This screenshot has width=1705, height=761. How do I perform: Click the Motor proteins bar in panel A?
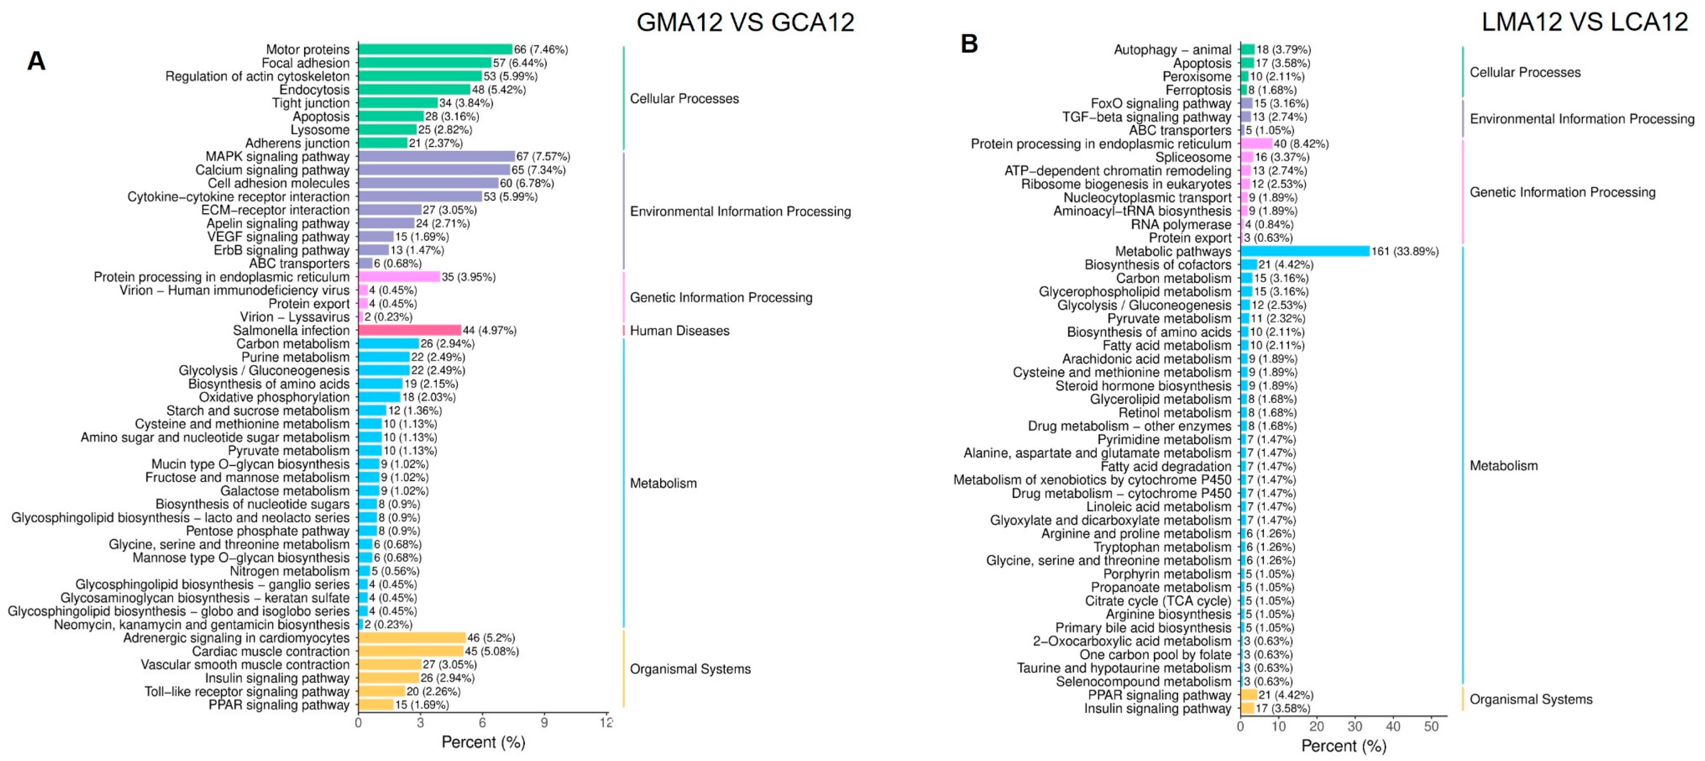(x=435, y=50)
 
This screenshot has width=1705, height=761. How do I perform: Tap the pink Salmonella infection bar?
(x=409, y=330)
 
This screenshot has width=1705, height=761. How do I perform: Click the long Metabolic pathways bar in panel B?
(x=1304, y=251)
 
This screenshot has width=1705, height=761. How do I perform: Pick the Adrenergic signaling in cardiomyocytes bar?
(x=412, y=638)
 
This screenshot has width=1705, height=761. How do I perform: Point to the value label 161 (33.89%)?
(x=1404, y=251)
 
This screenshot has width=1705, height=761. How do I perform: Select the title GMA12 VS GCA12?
(x=745, y=23)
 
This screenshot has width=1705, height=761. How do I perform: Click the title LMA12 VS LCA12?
(x=1585, y=23)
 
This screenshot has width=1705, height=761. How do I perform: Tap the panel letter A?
(x=37, y=61)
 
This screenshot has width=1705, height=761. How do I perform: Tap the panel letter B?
(x=969, y=44)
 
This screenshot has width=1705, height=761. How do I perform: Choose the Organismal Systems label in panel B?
(x=1531, y=699)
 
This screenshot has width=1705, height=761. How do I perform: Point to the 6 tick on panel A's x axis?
(x=482, y=722)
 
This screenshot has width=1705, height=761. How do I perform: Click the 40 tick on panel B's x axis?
(x=1393, y=726)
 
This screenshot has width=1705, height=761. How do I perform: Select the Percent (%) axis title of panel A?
(x=483, y=742)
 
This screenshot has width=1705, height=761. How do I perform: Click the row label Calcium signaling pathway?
(x=272, y=170)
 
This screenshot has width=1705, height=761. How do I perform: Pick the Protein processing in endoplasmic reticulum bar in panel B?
(x=1256, y=143)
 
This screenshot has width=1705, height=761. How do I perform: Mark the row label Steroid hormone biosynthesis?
(x=1143, y=386)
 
